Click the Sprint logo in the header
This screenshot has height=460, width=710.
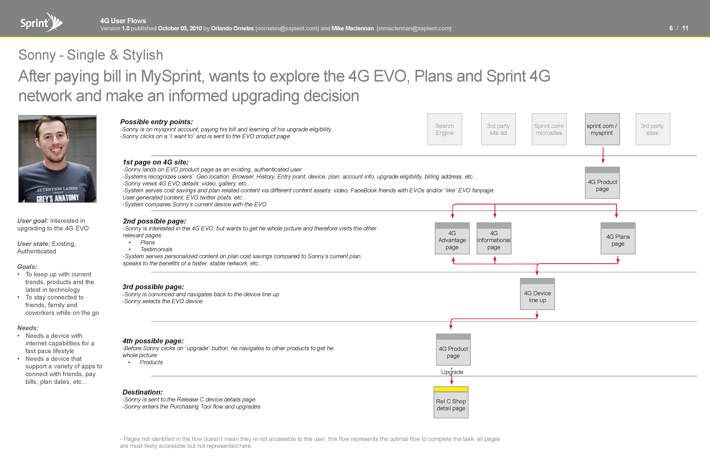coord(41,22)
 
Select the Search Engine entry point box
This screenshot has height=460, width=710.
coord(445,129)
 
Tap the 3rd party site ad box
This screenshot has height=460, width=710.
coord(498,129)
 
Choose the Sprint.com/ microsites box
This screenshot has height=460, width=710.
coord(549,129)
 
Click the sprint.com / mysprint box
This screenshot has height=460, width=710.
coord(602,129)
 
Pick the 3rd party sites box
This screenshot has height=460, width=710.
coord(653,129)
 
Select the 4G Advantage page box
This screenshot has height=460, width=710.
coord(452,238)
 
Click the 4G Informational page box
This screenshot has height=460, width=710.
coord(494,238)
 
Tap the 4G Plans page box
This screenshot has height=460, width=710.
coord(618,238)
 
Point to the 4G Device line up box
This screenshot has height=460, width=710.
coord(537,294)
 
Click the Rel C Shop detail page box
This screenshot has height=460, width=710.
coord(451,402)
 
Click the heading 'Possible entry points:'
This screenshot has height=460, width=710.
coord(156,122)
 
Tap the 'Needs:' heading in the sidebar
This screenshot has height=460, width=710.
coord(28,328)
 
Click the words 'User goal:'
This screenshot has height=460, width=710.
coord(33,221)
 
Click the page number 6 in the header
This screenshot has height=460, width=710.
coord(671,28)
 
